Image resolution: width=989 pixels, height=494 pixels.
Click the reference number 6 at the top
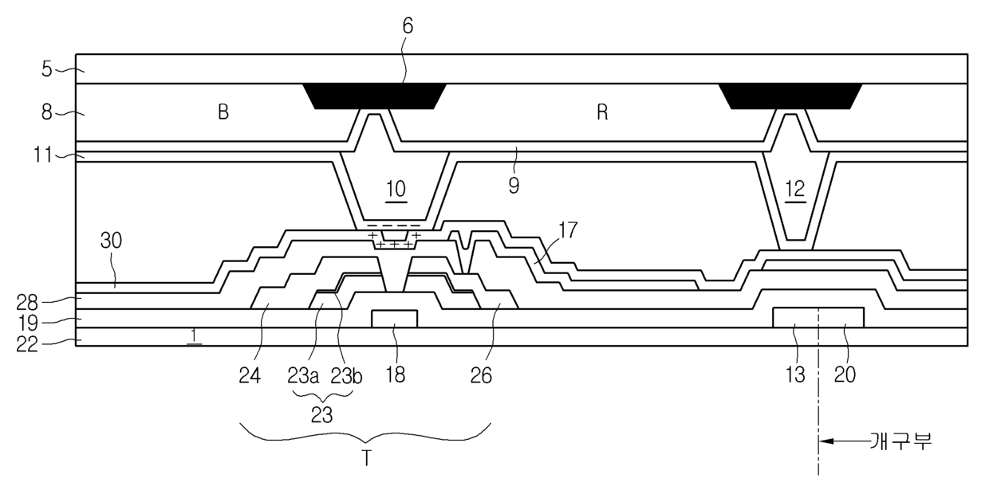tap(408, 26)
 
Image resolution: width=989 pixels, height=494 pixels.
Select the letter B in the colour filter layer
tap(223, 112)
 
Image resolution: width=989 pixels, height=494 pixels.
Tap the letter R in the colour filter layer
tap(602, 112)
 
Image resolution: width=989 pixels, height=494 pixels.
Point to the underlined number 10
tap(396, 189)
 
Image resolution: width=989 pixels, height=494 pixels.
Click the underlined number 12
tap(795, 189)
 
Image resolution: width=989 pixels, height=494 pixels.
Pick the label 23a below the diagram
tap(303, 376)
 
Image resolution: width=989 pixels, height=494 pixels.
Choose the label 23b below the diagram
tap(346, 376)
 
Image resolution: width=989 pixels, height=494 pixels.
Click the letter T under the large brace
tap(366, 460)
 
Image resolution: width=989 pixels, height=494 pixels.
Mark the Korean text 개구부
tap(901, 441)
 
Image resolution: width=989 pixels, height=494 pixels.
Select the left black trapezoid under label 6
tap(374, 96)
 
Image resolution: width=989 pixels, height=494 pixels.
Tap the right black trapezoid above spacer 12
tap(790, 96)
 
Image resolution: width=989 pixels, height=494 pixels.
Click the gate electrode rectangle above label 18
tap(394, 319)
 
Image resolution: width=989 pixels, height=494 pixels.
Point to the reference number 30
tap(111, 241)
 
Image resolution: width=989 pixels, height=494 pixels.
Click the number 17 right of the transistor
tap(568, 230)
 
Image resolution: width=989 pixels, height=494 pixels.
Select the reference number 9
tap(514, 186)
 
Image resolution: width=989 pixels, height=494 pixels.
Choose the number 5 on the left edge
tap(47, 69)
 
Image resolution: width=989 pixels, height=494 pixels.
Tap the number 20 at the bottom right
tap(845, 375)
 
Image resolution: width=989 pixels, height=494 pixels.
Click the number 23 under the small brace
tap(321, 415)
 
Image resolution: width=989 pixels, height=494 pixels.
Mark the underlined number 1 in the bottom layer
tap(193, 335)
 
